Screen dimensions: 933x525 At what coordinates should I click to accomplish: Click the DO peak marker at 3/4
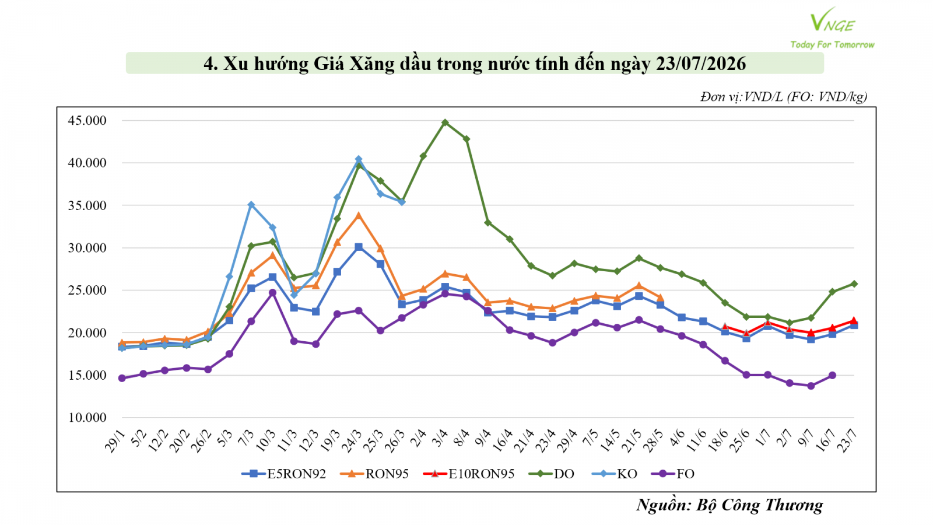tap(445, 123)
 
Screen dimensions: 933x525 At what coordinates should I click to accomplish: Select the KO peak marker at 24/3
tap(358, 159)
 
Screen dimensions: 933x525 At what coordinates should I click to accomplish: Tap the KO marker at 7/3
tap(251, 205)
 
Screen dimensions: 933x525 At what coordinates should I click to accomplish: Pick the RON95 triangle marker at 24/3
tap(358, 216)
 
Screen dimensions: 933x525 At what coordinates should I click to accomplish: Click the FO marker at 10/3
tap(272, 292)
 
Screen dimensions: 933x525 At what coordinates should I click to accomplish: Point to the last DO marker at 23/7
tap(854, 283)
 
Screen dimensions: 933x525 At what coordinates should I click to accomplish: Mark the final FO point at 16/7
tap(832, 376)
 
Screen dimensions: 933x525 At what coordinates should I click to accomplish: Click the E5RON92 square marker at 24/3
tap(358, 247)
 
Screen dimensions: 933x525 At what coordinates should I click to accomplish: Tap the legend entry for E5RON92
tap(283, 474)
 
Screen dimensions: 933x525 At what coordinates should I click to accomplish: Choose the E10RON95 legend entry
tap(469, 474)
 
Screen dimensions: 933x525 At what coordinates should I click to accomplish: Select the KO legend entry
tap(615, 474)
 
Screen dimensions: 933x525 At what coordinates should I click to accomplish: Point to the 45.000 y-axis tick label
tap(87, 120)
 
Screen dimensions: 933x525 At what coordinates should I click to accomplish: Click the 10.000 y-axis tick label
tap(87, 417)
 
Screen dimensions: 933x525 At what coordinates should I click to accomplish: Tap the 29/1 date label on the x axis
tap(115, 440)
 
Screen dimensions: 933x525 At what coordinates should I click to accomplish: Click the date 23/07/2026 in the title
tap(700, 64)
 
